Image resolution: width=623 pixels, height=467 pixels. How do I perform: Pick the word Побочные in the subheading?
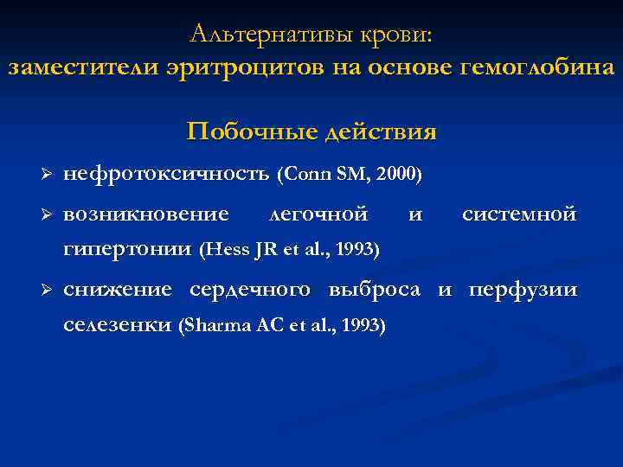(251, 131)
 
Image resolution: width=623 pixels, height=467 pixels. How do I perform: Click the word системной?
(519, 213)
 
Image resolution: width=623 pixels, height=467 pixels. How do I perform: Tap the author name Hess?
(224, 251)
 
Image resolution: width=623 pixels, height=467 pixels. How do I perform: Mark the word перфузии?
(523, 289)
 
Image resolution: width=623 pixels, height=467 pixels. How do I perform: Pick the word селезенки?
(117, 326)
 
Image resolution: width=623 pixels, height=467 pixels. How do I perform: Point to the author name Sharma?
(206, 327)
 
